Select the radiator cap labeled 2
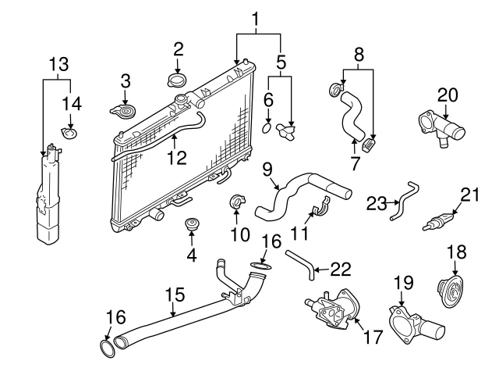(x=178, y=80)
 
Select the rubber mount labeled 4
(x=191, y=227)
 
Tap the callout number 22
(x=341, y=268)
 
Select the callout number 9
(x=267, y=168)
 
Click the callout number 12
(x=178, y=157)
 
